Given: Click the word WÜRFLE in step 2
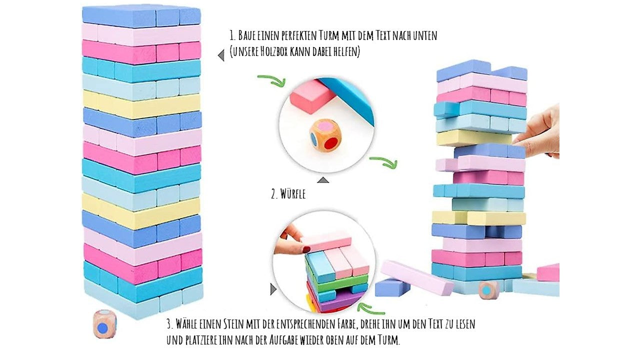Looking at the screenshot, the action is coord(292,194).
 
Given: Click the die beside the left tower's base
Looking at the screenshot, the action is coord(105,324).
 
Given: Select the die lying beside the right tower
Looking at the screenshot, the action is coord(489,290).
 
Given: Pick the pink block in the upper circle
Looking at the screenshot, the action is coord(313,96).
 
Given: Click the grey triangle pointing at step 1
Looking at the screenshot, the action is coord(221,55).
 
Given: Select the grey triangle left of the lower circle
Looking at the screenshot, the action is coord(273,289).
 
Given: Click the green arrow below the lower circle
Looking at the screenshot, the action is coord(370,309).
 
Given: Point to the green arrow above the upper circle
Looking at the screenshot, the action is coord(271,80).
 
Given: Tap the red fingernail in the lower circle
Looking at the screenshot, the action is coord(306,249).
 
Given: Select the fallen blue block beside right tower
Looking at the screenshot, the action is coord(392,287).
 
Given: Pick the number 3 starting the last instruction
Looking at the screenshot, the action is coord(169,324).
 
